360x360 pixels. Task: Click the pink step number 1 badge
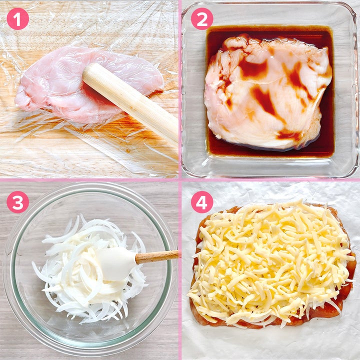[17, 19]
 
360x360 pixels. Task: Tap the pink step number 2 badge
[202, 19]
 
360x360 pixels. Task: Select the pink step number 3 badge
[17, 202]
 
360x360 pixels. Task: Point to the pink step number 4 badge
[202, 202]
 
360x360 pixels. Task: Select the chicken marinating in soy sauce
[267, 92]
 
